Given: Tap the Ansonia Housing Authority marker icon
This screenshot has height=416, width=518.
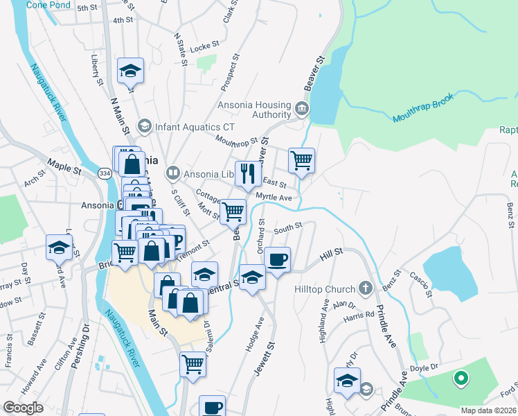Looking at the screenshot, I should [302, 109].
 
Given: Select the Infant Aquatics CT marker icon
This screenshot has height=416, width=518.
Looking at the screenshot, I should [145, 126].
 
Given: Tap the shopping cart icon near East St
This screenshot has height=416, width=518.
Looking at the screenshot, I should [301, 160].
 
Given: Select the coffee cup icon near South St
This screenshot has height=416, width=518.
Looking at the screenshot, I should [277, 259].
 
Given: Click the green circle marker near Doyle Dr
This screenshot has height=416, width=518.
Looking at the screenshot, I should [458, 379].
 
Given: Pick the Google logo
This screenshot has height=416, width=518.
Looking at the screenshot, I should [24, 408].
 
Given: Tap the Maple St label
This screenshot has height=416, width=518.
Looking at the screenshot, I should [64, 166].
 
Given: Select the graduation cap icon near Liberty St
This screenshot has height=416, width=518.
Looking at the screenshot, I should [130, 70].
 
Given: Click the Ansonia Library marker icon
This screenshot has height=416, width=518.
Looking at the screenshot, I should [172, 172].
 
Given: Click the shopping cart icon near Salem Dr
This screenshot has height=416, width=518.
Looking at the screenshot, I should [193, 363].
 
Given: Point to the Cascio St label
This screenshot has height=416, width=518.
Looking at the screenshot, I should [421, 284].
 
